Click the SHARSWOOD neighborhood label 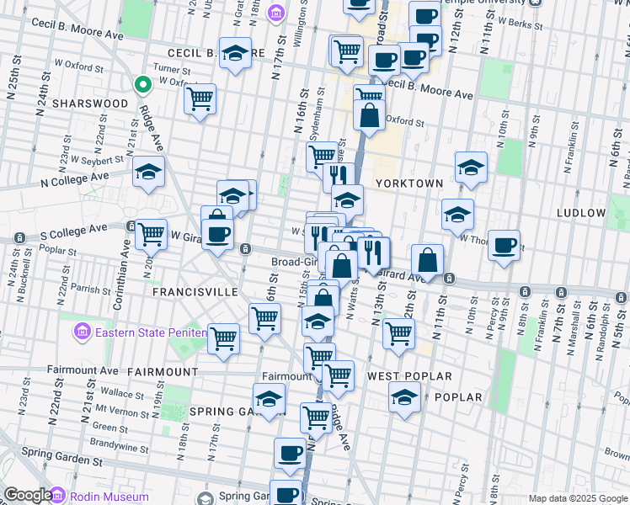point(90,104)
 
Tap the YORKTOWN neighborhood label point(408,183)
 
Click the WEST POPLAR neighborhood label point(409,376)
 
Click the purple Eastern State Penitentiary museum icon point(82,332)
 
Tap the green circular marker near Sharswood point(143,84)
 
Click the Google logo point(28,496)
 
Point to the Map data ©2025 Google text point(578,498)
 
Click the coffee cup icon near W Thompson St point(504,245)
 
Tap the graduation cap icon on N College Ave point(148,172)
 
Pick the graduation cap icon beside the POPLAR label point(404,396)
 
